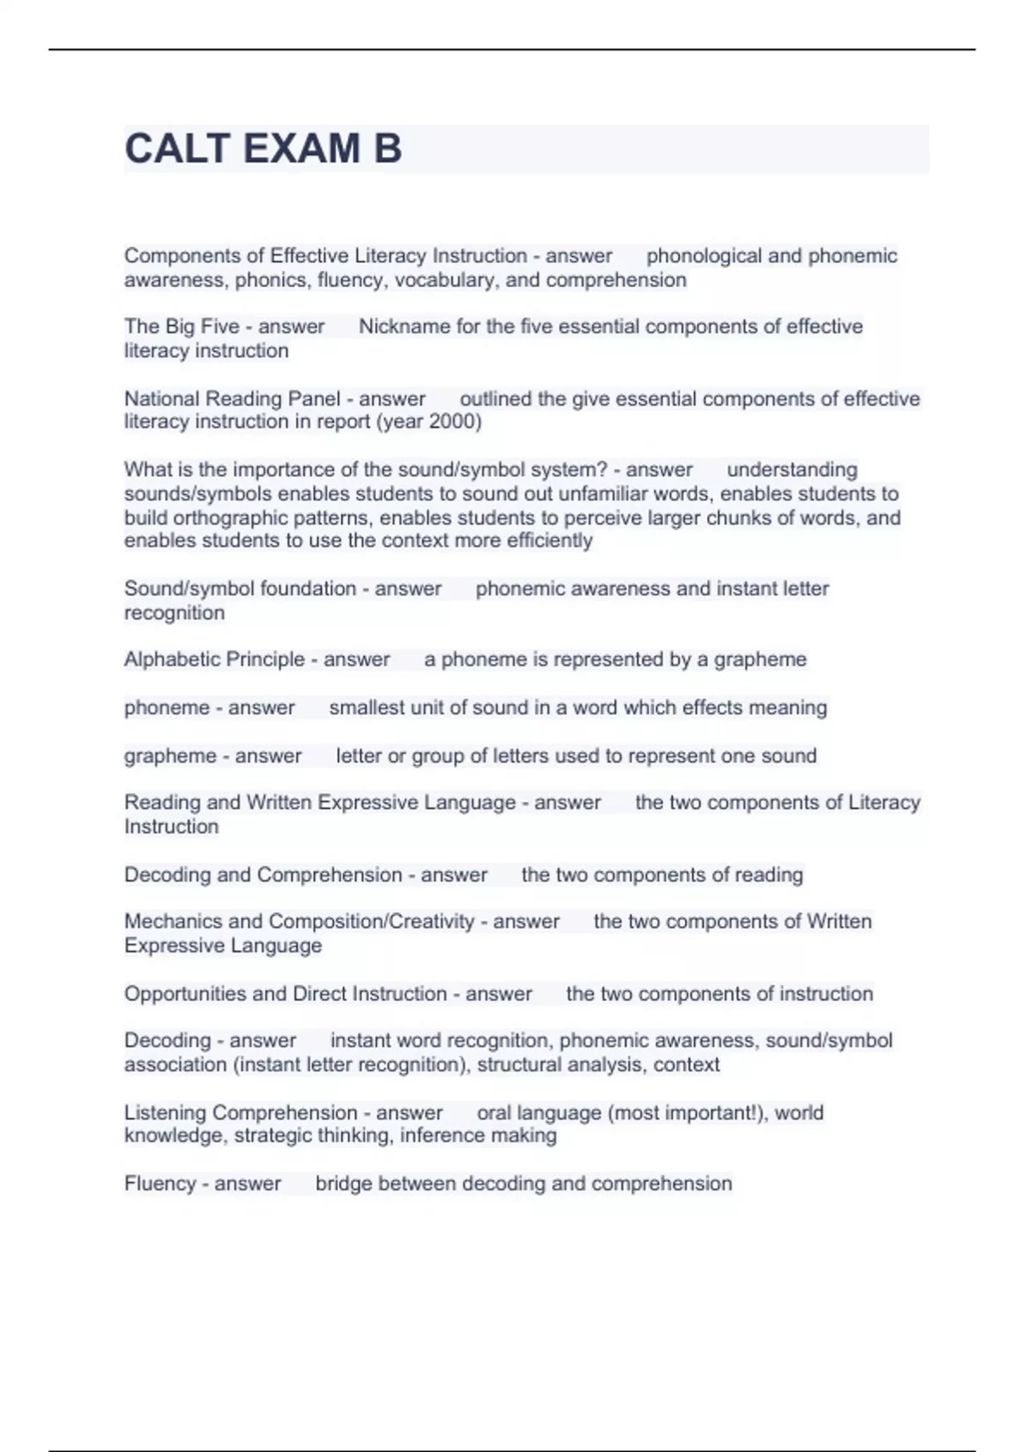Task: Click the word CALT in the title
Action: click(177, 149)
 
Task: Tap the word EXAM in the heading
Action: click(302, 149)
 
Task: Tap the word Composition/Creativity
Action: click(372, 922)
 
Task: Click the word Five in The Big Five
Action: click(220, 327)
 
